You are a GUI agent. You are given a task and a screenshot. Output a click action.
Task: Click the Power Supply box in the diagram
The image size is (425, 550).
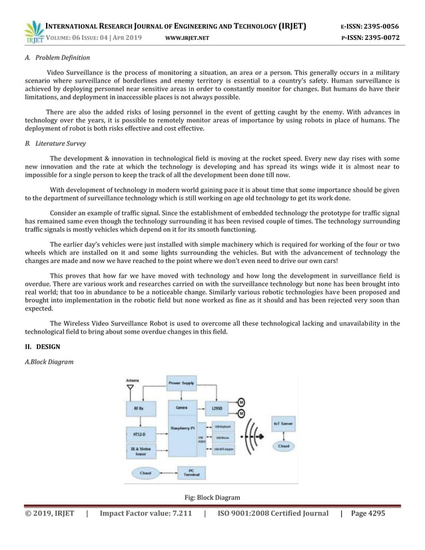pos(181,384)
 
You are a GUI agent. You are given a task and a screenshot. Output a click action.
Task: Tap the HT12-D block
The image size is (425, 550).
pos(139,435)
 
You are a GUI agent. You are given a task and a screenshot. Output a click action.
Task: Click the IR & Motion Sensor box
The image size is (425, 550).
pos(139,451)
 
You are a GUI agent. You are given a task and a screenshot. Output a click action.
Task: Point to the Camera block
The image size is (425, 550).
pos(181,406)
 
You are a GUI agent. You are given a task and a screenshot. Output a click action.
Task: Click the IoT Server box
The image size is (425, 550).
pos(283,422)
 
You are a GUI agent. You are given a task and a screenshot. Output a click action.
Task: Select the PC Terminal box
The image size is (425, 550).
pos(191,473)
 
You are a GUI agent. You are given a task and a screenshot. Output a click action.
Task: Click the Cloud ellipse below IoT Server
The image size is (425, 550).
pos(283,446)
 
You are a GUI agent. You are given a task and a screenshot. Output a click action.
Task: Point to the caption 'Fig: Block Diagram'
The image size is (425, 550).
pos(212,497)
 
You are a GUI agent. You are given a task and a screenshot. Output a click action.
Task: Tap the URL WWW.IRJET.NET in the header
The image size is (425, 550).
pos(187,38)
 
